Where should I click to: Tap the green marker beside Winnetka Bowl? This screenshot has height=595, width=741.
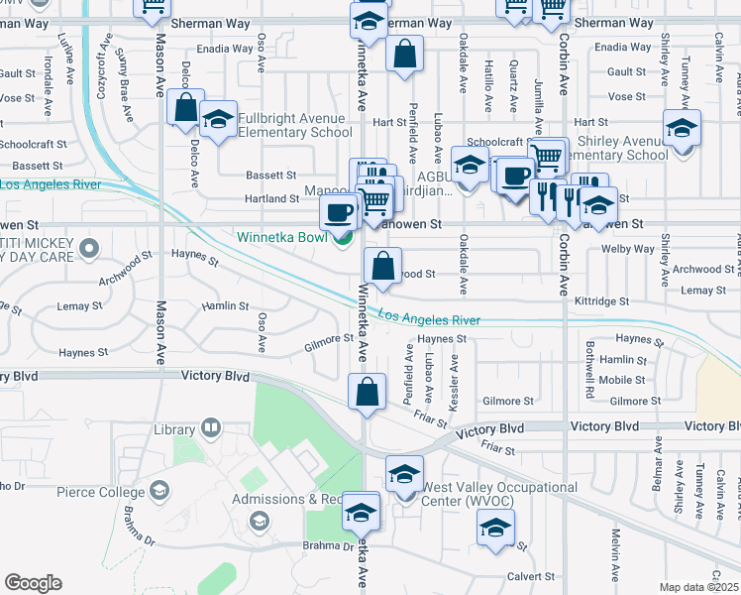coord(343,238)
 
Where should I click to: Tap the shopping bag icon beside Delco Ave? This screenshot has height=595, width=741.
coord(185,108)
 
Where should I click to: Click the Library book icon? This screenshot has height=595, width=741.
coord(210,428)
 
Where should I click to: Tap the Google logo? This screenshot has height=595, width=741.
coord(33,583)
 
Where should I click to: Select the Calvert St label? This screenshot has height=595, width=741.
coord(532,576)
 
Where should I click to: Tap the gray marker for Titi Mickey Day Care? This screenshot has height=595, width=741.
coord(89,248)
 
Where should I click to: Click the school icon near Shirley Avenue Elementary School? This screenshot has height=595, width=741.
coord(682,130)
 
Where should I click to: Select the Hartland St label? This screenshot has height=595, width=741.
coord(272,198)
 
